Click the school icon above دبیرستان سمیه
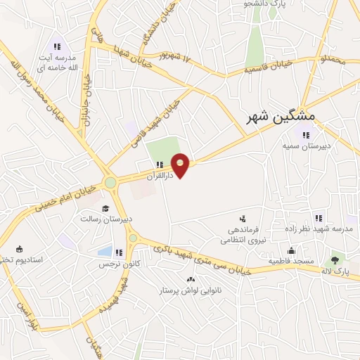point(305,134)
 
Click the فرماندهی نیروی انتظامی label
point(240,235)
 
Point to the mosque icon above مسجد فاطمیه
point(290,251)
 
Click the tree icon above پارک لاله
point(334,260)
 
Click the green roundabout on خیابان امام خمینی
point(110,183)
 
